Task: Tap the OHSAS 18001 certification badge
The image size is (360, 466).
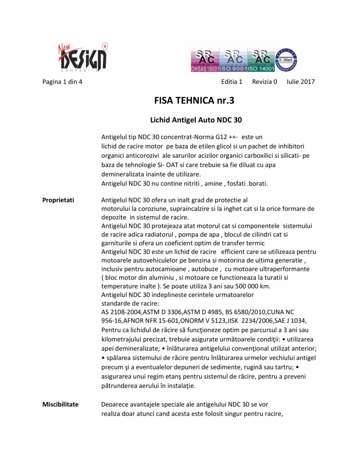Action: pos(205,60)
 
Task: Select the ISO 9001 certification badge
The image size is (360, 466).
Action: pos(233,60)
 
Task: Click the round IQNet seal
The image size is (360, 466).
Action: pos(287,60)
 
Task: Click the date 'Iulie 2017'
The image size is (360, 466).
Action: pos(300,82)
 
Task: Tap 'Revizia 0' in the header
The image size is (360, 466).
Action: pos(264,82)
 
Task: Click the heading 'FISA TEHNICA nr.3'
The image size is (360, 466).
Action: pos(194,101)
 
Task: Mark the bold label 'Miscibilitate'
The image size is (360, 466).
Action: pos(60,404)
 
